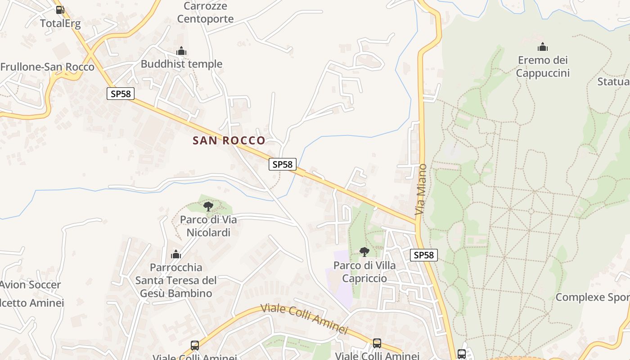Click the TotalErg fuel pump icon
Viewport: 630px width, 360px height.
tap(60, 9)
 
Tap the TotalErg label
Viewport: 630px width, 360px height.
tap(60, 23)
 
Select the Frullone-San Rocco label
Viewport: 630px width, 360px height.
tap(47, 67)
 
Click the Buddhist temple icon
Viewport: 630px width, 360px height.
tap(181, 51)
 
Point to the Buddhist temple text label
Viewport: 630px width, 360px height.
tap(181, 64)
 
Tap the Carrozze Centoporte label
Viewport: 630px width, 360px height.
tap(205, 13)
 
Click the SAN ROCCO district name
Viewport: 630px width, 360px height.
tap(229, 140)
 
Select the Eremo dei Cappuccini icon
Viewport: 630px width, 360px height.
tap(543, 47)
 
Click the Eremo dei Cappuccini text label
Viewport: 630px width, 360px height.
tap(543, 67)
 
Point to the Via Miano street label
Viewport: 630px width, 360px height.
tap(421, 189)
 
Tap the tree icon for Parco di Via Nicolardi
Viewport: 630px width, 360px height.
tap(208, 207)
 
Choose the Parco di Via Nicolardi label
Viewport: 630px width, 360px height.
tap(208, 226)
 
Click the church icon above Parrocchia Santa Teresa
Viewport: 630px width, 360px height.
tap(176, 254)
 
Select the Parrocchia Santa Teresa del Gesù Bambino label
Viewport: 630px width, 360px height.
tap(176, 280)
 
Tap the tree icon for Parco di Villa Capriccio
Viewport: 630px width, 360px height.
tap(364, 252)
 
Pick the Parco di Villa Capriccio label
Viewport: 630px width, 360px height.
tap(364, 272)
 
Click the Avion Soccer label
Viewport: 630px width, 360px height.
tap(30, 284)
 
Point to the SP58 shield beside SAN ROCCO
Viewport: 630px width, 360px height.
tap(283, 164)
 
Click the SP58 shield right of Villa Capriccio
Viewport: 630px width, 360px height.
tap(424, 255)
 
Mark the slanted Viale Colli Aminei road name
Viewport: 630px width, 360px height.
tap(305, 319)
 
